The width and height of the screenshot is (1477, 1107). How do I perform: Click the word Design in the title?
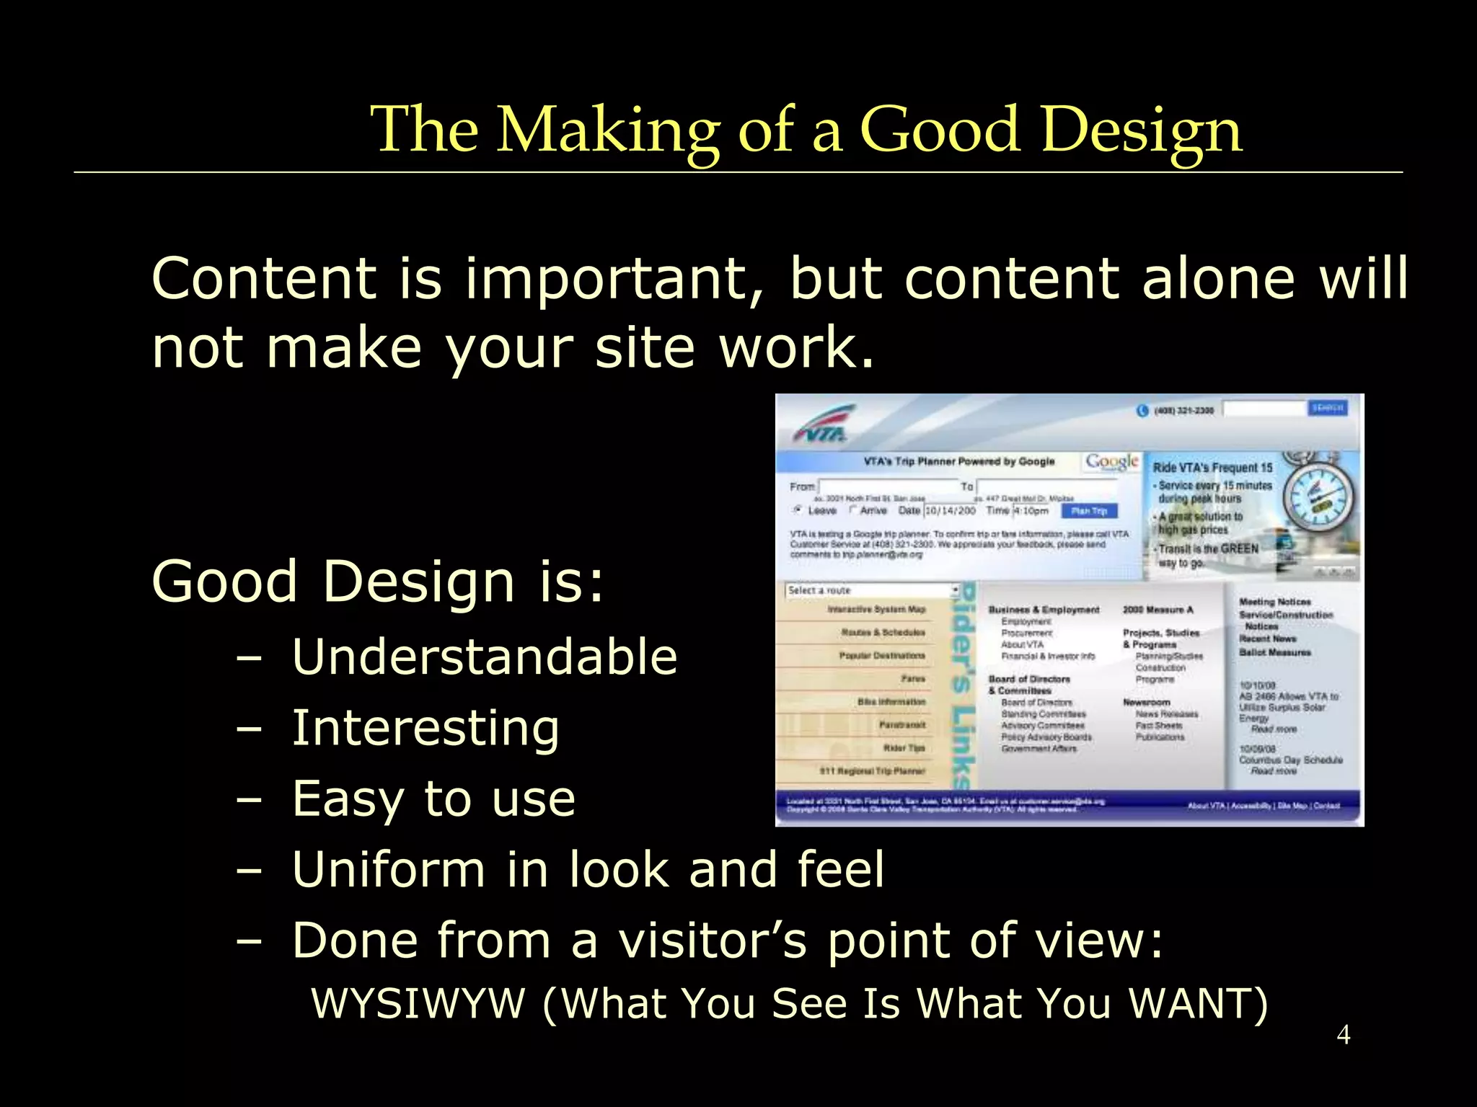[1142, 130]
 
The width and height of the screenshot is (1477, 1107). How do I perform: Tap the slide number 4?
[1343, 1035]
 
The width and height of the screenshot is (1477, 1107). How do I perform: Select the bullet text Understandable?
[484, 657]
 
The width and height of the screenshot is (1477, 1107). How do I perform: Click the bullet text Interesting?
[426, 727]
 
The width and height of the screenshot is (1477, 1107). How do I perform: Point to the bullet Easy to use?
[433, 798]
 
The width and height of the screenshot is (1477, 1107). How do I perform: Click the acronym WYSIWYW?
[418, 1002]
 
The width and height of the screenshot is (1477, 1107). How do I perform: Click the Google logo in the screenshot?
[1111, 461]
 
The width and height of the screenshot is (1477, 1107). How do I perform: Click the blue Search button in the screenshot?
[1327, 409]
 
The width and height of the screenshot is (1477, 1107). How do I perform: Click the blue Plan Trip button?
[1089, 511]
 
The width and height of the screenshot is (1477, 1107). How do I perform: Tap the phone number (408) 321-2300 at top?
[1183, 411]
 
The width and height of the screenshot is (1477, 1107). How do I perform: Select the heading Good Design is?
[377, 581]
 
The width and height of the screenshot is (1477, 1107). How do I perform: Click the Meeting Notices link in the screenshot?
[1274, 602]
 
